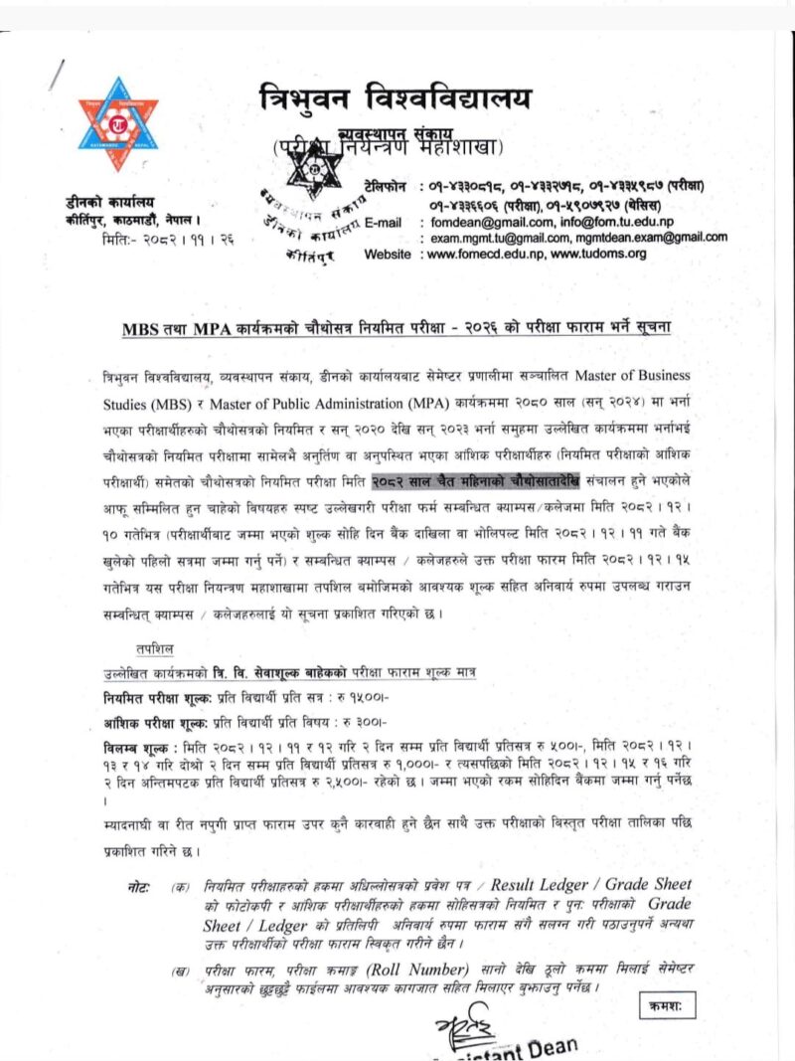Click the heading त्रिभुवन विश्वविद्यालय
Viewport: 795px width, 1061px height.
coord(395,98)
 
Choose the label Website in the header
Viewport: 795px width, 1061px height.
coord(387,254)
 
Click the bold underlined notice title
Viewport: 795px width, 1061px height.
coord(397,328)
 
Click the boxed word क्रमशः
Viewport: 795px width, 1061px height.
coord(668,1006)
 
